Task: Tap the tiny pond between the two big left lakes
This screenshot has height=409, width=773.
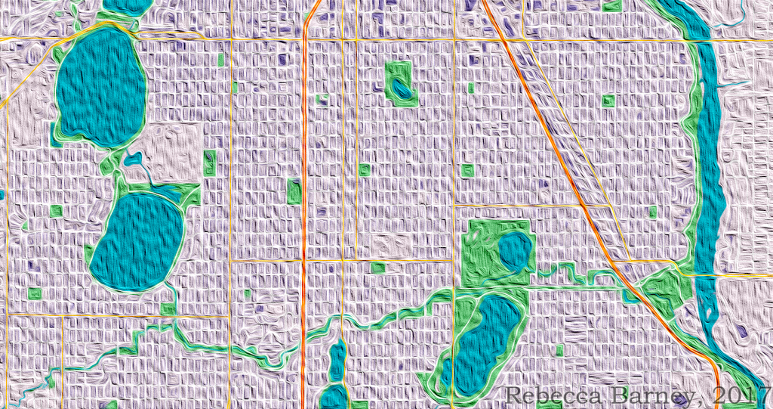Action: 134,159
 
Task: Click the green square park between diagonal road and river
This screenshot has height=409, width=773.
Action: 608,100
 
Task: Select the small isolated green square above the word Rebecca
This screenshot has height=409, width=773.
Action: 559,350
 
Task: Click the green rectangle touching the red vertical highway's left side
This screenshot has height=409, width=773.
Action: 294,191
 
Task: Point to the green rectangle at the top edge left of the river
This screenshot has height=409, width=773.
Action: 611,5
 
